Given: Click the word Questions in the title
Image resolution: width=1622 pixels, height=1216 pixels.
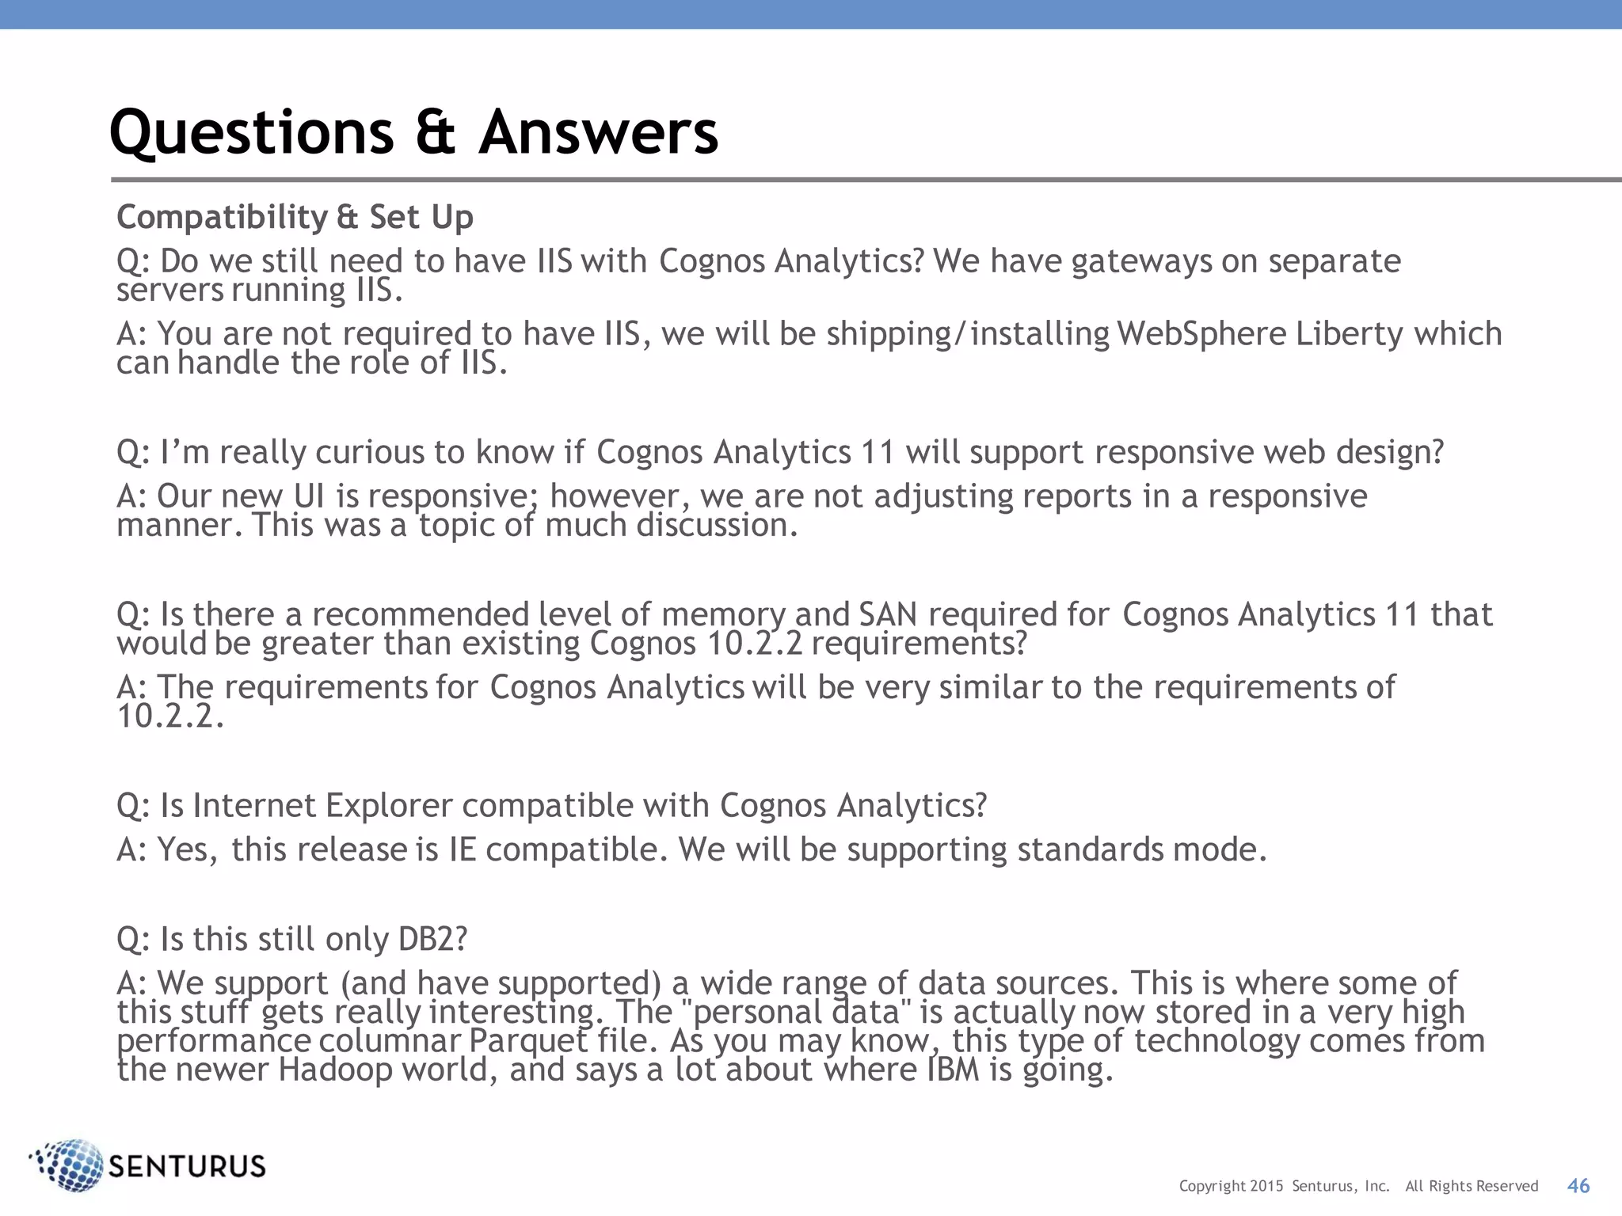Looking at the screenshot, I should coord(251,132).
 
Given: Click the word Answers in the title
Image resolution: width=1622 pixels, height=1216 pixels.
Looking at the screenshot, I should coord(598,132).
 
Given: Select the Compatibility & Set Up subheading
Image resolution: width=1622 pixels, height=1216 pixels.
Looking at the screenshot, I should coord(295,217).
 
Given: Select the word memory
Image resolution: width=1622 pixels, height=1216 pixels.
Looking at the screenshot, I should coord(722,616).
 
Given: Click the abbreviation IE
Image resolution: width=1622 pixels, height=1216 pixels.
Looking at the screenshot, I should coord(463,849).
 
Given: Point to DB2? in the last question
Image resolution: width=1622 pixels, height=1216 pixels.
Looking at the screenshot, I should coord(432,939).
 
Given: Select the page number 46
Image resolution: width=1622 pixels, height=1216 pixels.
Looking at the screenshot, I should coord(1578,1185).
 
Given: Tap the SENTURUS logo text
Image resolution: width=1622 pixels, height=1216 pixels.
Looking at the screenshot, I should coord(186,1166).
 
